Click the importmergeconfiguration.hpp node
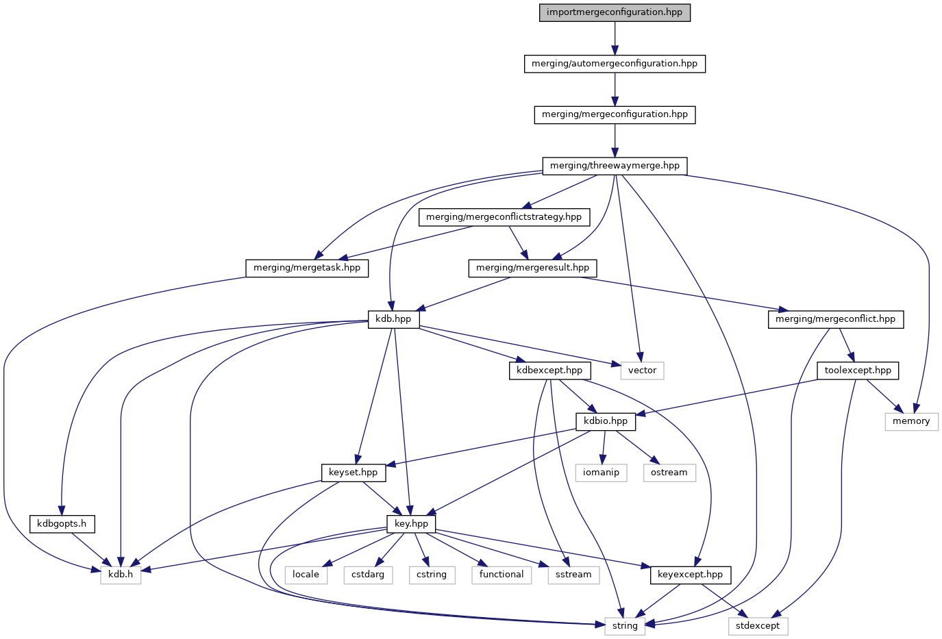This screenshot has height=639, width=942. (x=615, y=12)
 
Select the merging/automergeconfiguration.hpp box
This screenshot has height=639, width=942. (x=615, y=64)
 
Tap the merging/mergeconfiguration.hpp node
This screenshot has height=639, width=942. (x=615, y=114)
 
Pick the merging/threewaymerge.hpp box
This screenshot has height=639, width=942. (x=615, y=166)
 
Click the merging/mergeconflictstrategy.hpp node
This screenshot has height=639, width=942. (x=504, y=217)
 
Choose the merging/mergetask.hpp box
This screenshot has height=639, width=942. (x=307, y=268)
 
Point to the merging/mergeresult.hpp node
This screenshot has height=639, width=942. (x=532, y=268)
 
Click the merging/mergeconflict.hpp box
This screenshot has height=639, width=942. (x=835, y=319)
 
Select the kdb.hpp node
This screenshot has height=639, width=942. (x=394, y=319)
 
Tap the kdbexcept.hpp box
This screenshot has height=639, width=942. (x=550, y=371)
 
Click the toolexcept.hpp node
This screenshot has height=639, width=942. (x=858, y=371)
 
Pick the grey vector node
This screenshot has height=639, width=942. (x=642, y=371)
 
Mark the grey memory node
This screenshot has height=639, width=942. (x=911, y=421)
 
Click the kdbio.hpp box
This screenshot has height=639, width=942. (x=606, y=421)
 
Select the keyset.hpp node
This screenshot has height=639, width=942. (x=353, y=473)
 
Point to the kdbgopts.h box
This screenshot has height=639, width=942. (x=62, y=524)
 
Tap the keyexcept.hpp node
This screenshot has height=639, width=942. (x=690, y=575)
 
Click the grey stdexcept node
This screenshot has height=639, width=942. (x=758, y=626)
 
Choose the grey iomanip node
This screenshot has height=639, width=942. (x=601, y=473)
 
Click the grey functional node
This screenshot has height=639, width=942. (x=501, y=575)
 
